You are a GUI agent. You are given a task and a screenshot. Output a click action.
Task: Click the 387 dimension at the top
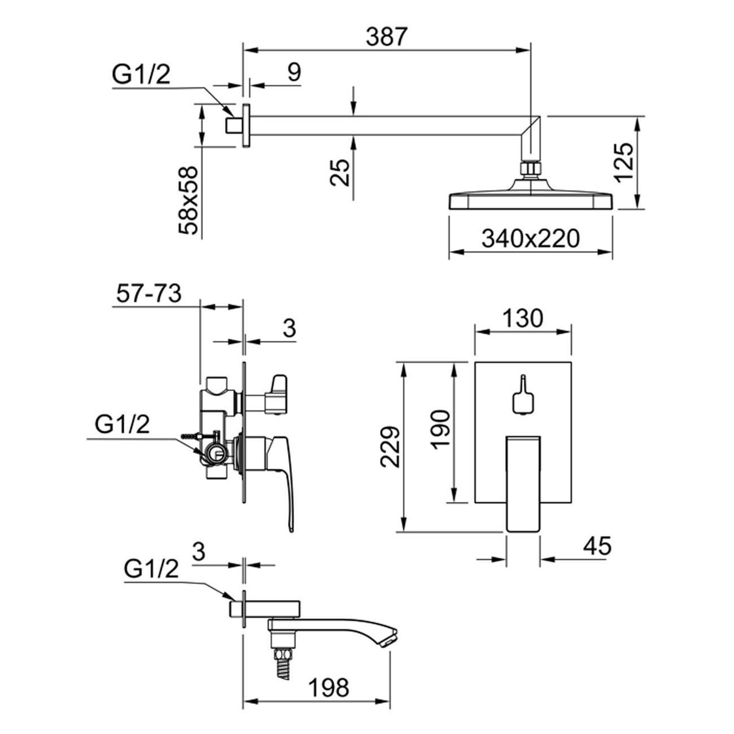click(x=386, y=37)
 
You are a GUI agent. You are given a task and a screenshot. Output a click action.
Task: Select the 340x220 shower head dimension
click(x=530, y=239)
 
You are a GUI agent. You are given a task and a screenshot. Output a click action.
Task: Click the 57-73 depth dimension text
click(x=148, y=294)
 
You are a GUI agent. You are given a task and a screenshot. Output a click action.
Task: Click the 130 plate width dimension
click(x=522, y=319)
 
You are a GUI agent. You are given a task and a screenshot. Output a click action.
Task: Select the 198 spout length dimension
click(x=329, y=687)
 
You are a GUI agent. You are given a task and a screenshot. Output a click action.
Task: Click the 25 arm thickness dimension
click(x=340, y=172)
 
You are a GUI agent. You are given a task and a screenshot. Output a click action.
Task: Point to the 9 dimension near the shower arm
click(x=294, y=72)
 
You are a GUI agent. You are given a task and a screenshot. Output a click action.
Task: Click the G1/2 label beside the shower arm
click(x=141, y=75)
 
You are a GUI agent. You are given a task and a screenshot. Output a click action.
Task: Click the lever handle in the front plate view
click(x=523, y=483)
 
